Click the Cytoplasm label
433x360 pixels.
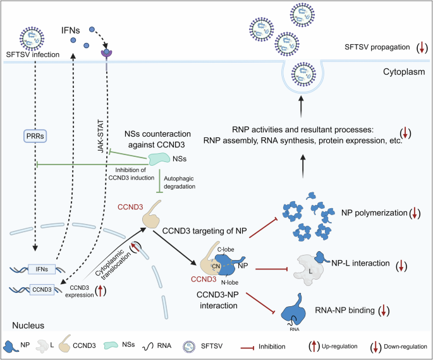[405, 71]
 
